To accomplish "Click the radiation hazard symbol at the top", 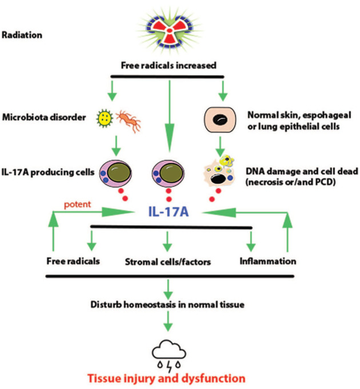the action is click(170, 30).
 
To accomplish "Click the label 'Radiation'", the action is click(22, 35).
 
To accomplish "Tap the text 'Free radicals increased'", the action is click(169, 65).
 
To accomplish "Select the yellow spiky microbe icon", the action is click(105, 118).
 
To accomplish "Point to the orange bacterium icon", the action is click(129, 121).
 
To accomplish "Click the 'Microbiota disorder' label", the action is click(44, 117).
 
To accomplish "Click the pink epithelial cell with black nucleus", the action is click(220, 120).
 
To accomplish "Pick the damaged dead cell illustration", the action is click(218, 171).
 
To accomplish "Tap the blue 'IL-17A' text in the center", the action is click(169, 212).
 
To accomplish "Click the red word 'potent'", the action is click(78, 205).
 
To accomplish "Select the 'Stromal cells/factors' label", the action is click(168, 262).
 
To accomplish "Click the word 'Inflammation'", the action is click(268, 261).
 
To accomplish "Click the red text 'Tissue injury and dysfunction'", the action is click(166, 379).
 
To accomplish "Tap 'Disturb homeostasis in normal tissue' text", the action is click(167, 304).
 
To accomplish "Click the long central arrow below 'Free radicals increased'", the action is click(170, 116).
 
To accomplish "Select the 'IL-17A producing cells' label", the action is click(48, 172).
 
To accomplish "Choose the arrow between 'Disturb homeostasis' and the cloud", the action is click(168, 321).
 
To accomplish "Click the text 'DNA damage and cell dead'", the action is click(302, 171).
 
